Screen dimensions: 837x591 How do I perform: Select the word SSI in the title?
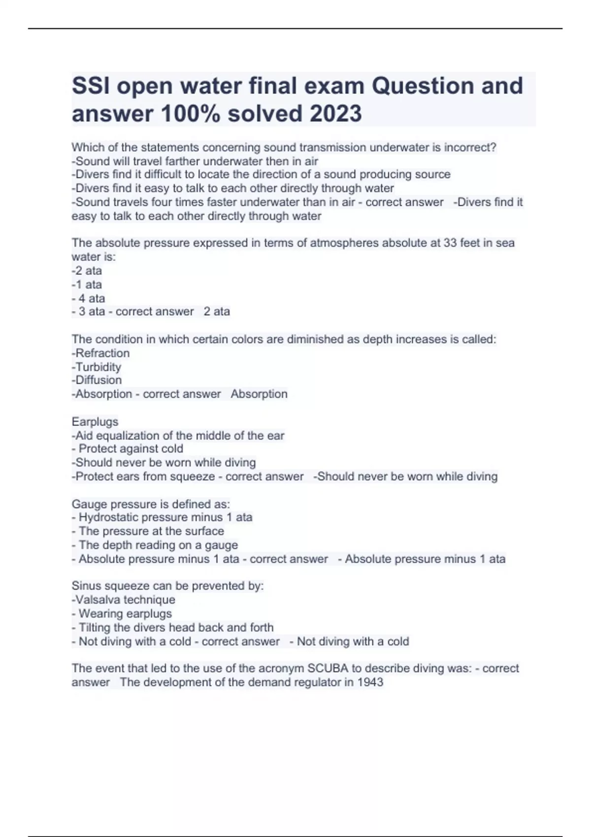click(91, 86)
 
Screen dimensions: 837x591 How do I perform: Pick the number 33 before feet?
click(450, 243)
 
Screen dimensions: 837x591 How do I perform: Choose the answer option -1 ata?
click(87, 285)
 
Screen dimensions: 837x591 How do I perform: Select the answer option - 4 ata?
click(88, 298)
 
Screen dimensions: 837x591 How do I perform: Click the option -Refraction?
click(100, 353)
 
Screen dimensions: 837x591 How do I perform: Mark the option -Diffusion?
click(97, 380)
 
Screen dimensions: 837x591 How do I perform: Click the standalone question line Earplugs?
click(95, 421)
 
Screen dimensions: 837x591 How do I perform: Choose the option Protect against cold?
click(131, 449)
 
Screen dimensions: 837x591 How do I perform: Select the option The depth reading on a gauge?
click(158, 545)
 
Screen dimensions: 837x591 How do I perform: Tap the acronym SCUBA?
click(328, 668)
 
